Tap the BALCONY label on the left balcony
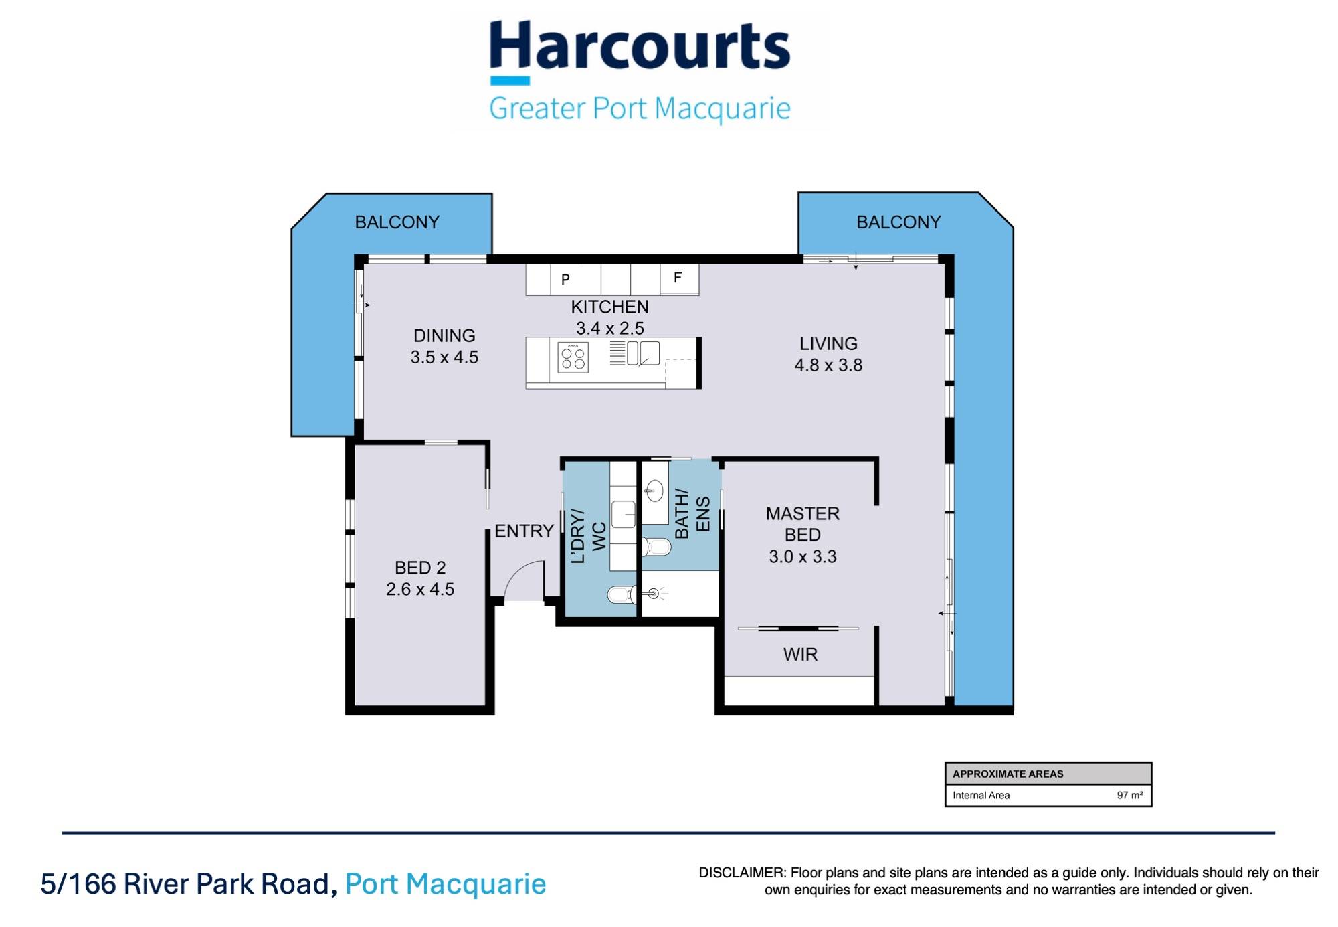pos(397,222)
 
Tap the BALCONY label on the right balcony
pos(898,222)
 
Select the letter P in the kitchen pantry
pos(565,280)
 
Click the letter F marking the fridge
pos(677,278)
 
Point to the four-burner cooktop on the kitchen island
pos(573,357)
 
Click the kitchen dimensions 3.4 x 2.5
pos(609,329)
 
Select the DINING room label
pos(444,335)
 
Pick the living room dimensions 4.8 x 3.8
pos(828,365)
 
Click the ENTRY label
pos(524,531)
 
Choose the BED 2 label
pos(419,568)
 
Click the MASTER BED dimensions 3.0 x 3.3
pos(802,557)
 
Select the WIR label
pos(800,655)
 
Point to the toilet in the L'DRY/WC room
pos(621,594)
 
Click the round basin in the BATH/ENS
pos(654,491)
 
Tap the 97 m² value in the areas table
pos(1129,795)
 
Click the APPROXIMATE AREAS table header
pos(1008,774)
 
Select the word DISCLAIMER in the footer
pos(742,873)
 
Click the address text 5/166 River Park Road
pos(187,884)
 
